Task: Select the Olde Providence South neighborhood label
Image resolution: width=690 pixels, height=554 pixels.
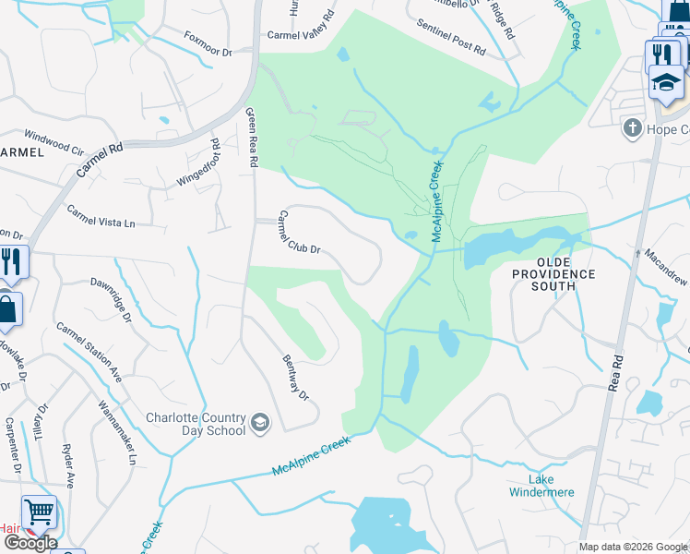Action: (x=554, y=280)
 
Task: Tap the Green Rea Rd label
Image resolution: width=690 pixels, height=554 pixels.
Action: (x=251, y=138)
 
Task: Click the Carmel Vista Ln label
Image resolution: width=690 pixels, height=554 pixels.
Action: (x=101, y=217)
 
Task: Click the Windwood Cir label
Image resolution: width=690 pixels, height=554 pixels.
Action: (x=54, y=140)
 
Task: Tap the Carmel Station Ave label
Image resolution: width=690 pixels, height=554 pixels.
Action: (x=89, y=353)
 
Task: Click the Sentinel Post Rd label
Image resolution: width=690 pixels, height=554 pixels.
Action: (x=451, y=37)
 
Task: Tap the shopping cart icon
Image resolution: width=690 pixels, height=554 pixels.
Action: (x=39, y=512)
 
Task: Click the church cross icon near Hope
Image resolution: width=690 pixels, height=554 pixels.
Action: (x=633, y=127)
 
